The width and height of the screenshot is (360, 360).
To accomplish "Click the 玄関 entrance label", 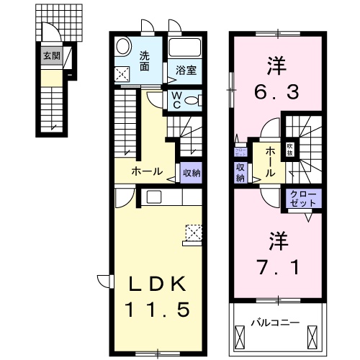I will click(x=50, y=55).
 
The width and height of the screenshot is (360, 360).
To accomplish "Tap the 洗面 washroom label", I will click(x=145, y=61).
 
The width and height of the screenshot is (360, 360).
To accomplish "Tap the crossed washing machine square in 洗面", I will click(x=123, y=73).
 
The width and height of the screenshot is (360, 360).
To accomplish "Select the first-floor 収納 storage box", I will click(x=190, y=173).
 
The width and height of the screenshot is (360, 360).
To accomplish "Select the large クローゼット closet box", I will click(x=303, y=198).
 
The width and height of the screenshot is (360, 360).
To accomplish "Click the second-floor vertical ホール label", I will click(x=269, y=162).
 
